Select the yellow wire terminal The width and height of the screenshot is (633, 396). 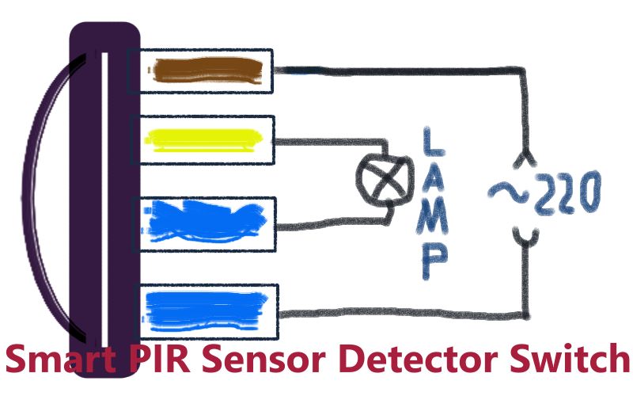pos(203,139)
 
